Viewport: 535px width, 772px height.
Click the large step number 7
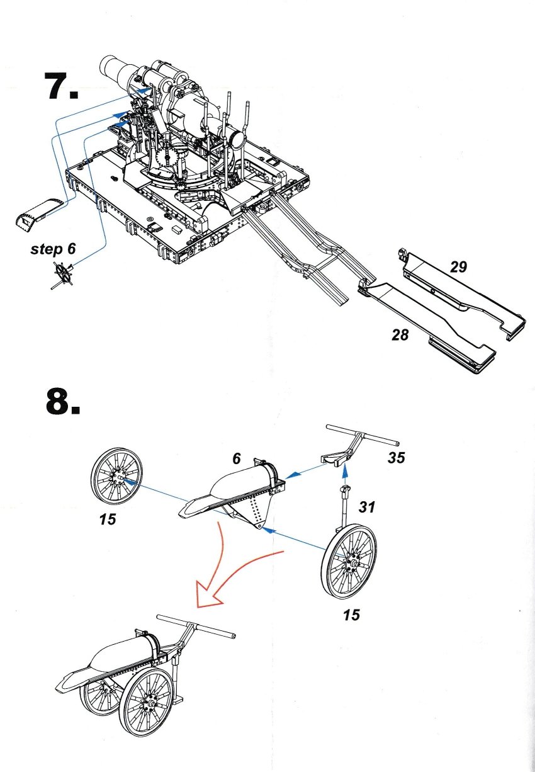coord(61,86)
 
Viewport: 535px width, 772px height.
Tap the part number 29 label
coord(458,267)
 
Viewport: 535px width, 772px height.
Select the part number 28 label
coord(399,334)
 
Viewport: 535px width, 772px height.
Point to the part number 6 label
coord(237,459)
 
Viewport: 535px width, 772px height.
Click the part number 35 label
coord(396,458)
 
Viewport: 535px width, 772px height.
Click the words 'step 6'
coord(53,249)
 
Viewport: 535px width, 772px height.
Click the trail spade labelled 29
coord(465,291)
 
